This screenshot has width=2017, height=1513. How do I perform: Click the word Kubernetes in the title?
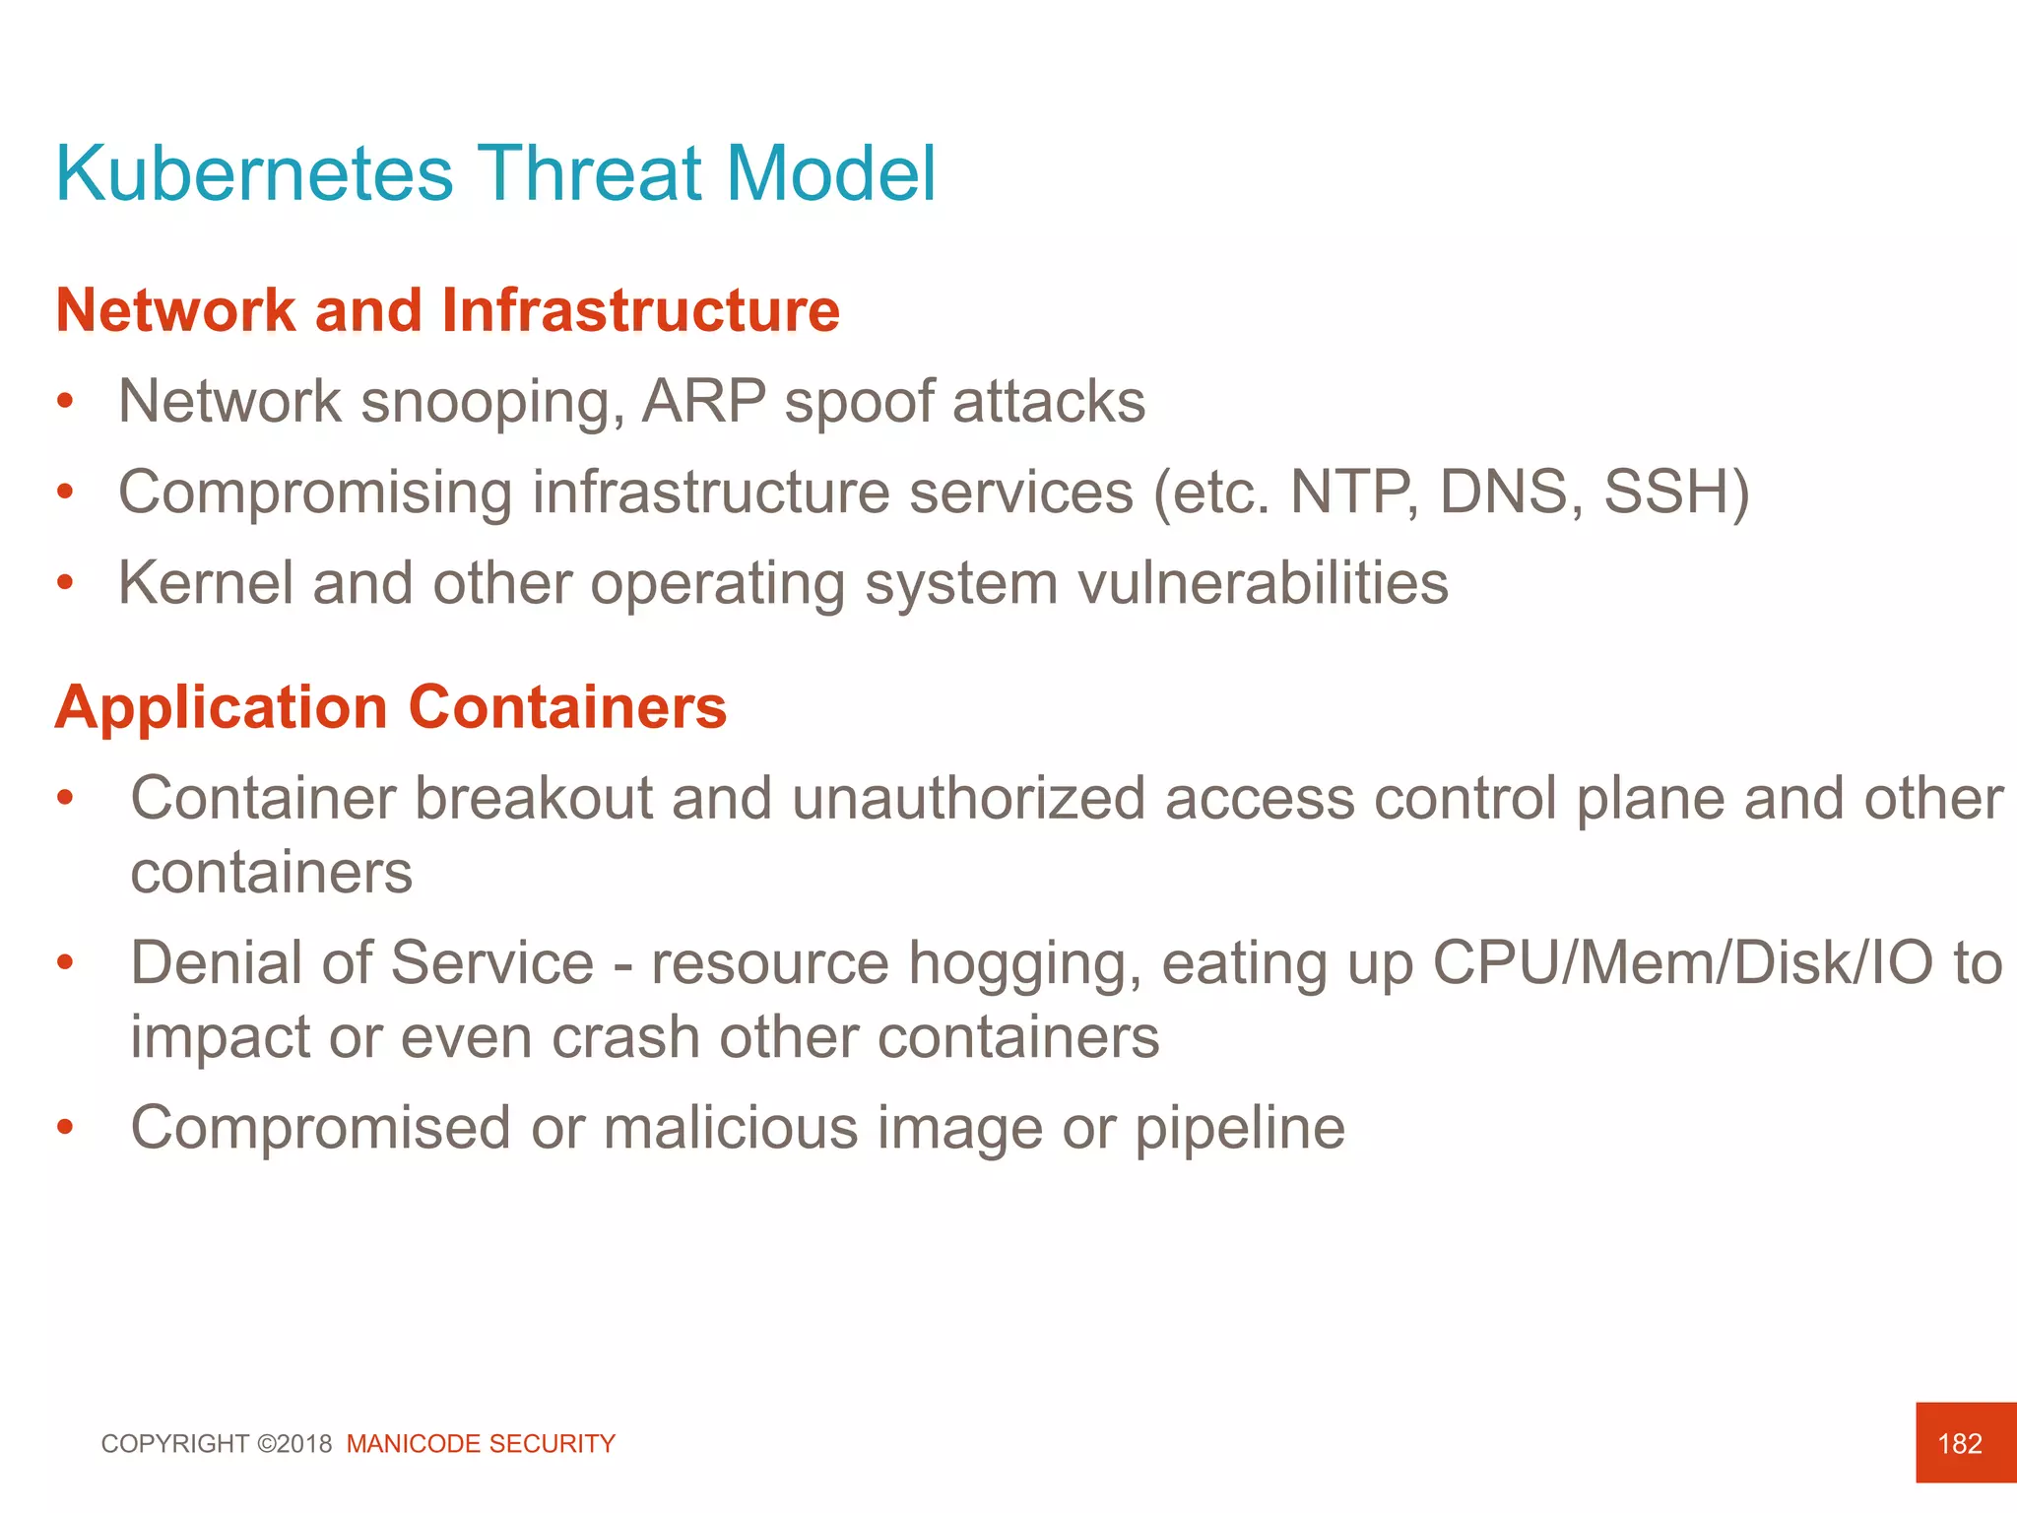(x=254, y=174)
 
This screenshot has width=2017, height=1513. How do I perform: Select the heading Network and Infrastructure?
(x=447, y=311)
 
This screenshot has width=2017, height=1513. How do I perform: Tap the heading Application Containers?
(x=390, y=707)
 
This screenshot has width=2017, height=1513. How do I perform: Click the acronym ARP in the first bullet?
(x=703, y=402)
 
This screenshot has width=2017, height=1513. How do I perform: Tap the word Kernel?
(x=205, y=583)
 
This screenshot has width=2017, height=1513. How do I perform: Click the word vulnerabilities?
(x=1263, y=583)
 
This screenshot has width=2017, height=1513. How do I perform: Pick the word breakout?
(x=532, y=798)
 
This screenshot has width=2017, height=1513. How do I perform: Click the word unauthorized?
(x=968, y=798)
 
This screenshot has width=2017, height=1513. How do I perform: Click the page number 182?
(x=1959, y=1444)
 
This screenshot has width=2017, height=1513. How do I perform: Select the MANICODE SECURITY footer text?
(x=481, y=1444)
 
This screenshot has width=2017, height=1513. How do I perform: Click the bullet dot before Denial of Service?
(x=65, y=962)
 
